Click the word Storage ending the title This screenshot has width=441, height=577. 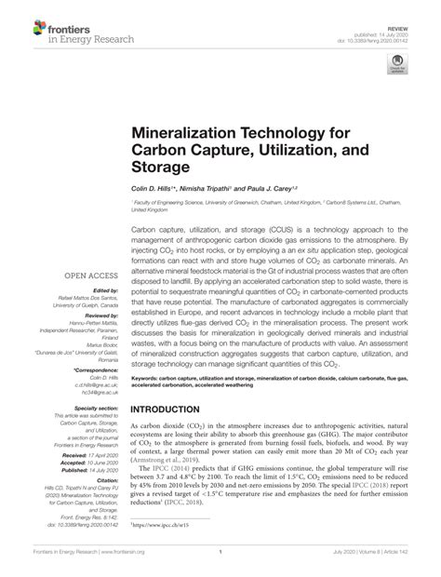click(158, 168)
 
